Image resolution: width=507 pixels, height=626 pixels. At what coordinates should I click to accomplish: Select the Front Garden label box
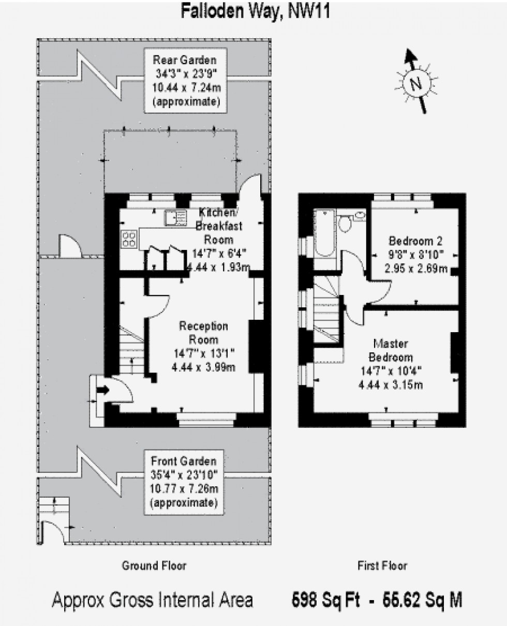(x=184, y=481)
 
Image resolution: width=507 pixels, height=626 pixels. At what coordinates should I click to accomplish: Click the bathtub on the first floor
(x=324, y=232)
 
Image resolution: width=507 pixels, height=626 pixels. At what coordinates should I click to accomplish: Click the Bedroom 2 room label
(x=416, y=241)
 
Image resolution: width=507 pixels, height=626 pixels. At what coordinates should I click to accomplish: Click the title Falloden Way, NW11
(x=255, y=11)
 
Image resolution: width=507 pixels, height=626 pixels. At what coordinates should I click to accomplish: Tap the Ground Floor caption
(x=154, y=565)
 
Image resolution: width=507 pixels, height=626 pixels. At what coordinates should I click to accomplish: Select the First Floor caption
(x=382, y=565)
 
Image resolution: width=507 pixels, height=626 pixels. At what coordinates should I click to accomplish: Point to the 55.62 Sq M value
(x=421, y=600)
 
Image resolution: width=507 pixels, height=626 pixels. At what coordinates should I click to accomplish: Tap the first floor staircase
(x=326, y=310)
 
